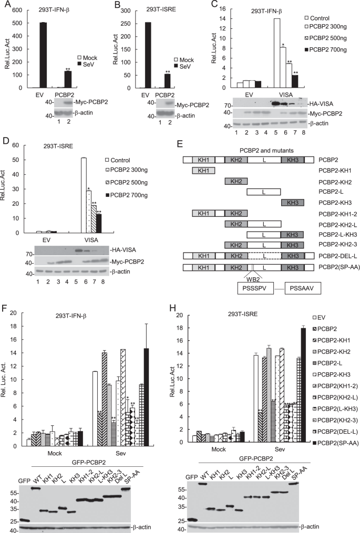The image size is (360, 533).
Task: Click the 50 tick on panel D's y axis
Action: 19,159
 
